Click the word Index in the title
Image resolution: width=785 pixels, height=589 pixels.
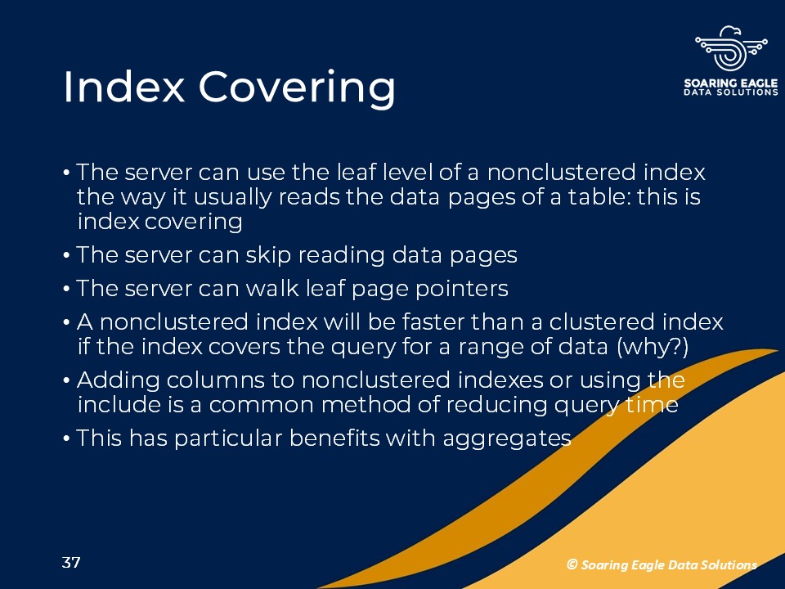point(124,87)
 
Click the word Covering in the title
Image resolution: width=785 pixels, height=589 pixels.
point(298,89)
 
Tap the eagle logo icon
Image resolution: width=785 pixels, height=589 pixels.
point(731,48)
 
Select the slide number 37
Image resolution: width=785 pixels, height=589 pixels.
point(71,563)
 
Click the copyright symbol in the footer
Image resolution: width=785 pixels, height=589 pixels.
point(572,564)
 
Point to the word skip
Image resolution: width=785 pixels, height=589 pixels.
point(268,256)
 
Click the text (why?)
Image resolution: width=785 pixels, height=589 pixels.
point(653,347)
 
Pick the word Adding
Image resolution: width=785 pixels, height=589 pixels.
point(118,381)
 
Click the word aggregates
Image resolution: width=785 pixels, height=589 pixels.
point(507,439)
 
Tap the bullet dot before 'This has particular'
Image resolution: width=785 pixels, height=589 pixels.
point(66,439)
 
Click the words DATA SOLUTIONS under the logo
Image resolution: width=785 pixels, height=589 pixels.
point(731,92)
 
